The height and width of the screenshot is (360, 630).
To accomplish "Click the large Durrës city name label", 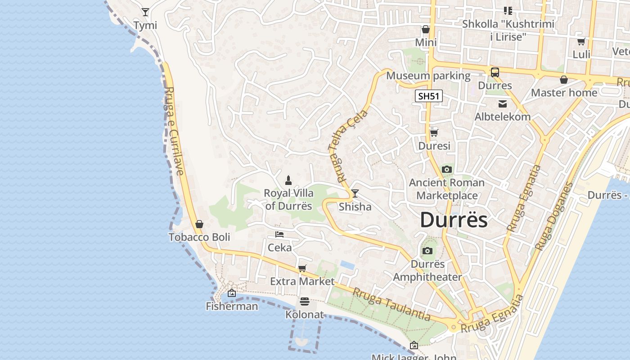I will click(454, 220).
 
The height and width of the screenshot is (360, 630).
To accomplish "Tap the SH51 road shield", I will click(429, 95).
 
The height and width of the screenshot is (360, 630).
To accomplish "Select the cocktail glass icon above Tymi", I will click(145, 12).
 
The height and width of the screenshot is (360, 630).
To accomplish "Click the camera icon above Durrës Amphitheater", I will click(427, 251).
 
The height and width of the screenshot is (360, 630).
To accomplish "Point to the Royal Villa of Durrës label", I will click(288, 200).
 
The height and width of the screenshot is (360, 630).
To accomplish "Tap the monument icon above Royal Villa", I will click(288, 180).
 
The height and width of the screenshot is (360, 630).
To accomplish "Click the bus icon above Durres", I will click(495, 72).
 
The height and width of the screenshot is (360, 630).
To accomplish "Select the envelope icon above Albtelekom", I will click(503, 104).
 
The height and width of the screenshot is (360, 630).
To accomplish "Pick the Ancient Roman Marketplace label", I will click(446, 189).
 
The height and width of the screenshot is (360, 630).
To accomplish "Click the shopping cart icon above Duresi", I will click(434, 133).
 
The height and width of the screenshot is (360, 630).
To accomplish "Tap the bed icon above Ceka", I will click(279, 234).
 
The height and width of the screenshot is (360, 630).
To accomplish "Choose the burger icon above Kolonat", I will click(305, 301).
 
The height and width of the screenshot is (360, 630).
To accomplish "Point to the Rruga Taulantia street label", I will click(391, 305).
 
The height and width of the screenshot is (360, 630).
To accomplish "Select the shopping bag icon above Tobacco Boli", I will click(199, 224).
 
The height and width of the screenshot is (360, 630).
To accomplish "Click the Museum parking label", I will click(428, 76).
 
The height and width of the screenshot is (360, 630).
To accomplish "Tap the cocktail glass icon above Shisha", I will click(355, 193).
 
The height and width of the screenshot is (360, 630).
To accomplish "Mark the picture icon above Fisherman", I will click(232, 293).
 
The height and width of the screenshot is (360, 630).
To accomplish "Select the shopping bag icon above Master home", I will click(564, 80).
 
